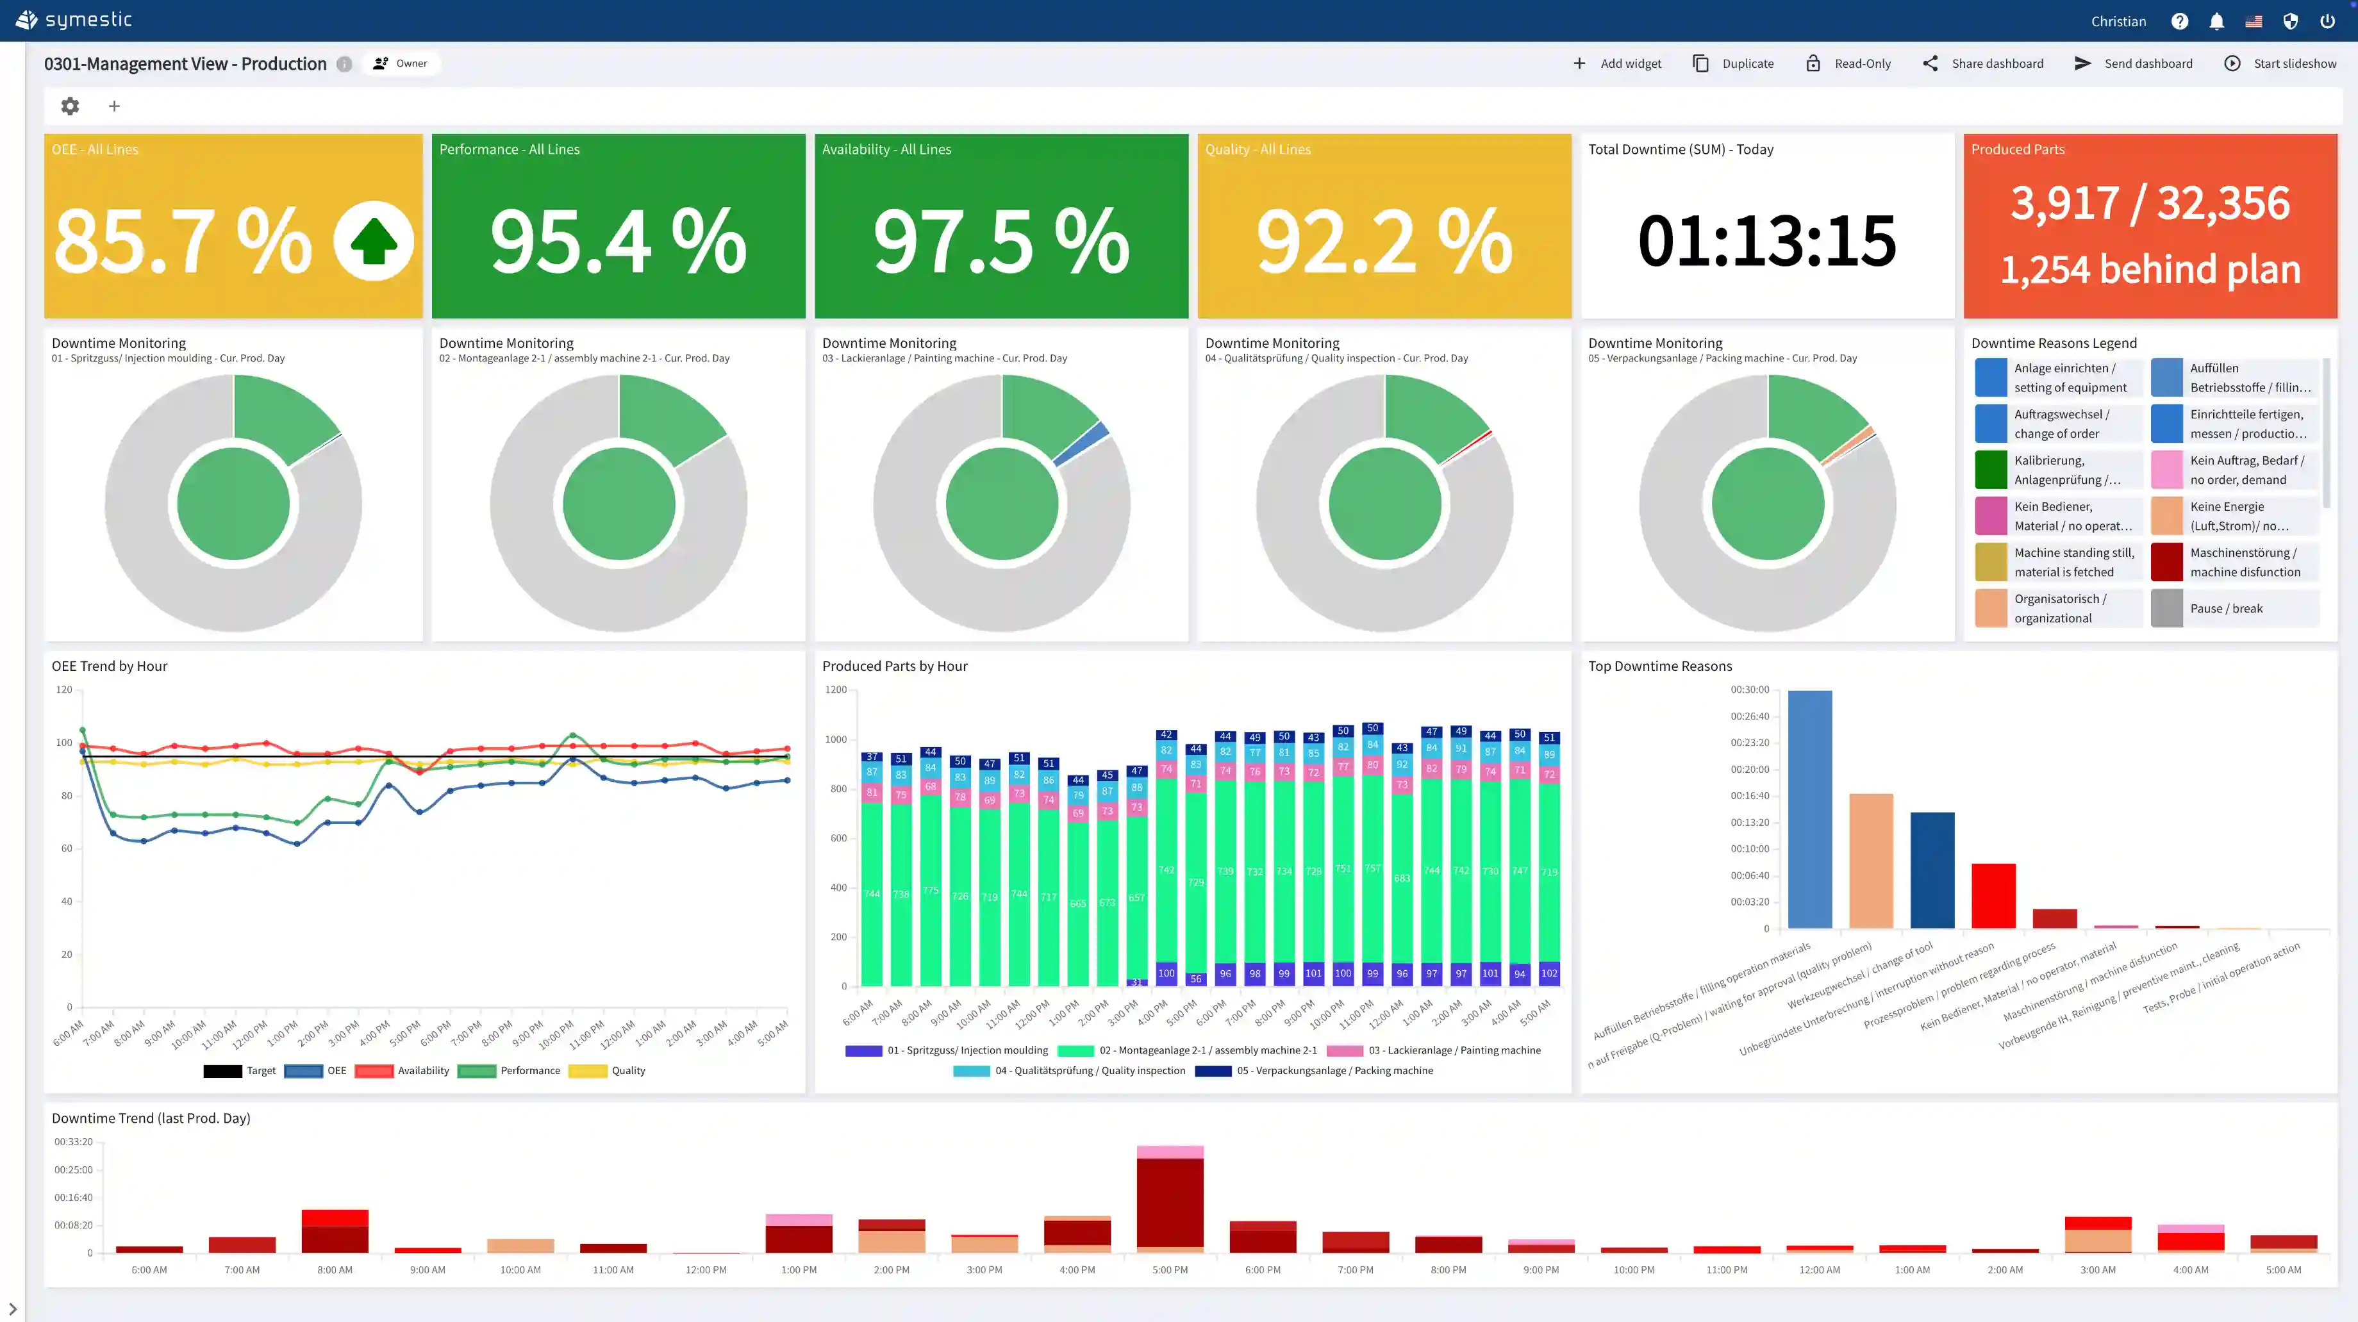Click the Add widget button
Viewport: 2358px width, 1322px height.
tap(1618, 63)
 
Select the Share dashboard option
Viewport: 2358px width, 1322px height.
tap(1984, 63)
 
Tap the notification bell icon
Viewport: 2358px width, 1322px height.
tap(2216, 21)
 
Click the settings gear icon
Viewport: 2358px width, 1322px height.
tap(70, 106)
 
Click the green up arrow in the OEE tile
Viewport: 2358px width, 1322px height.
tap(374, 242)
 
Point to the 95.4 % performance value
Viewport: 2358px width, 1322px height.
tap(618, 242)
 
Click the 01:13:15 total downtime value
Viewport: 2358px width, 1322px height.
tap(1766, 241)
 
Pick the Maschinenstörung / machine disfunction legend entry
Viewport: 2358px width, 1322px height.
tap(2245, 562)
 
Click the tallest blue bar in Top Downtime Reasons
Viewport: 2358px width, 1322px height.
tap(1810, 809)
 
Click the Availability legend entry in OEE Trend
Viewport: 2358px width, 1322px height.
tap(403, 1070)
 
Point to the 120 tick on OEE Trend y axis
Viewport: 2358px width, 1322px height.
tap(63, 690)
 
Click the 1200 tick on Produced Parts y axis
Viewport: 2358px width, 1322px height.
tap(836, 690)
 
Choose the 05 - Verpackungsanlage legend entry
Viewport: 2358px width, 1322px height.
tap(1315, 1070)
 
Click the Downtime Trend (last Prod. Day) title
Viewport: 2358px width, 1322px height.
tap(151, 1118)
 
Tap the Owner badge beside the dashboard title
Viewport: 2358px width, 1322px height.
tap(401, 63)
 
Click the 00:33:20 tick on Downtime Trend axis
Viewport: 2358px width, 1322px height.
tap(73, 1142)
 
